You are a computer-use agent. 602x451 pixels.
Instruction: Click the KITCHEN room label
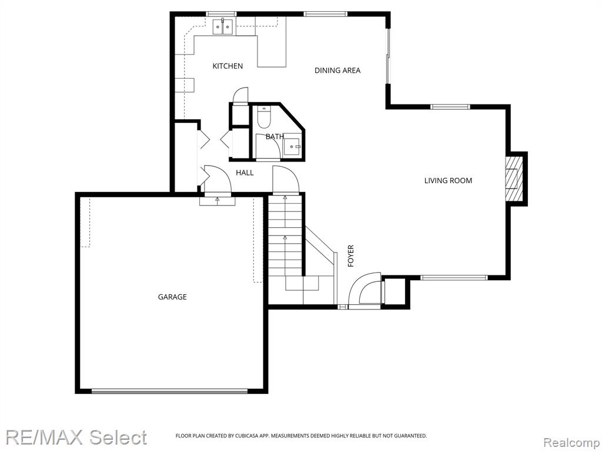(228, 66)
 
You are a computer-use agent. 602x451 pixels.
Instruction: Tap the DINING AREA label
(337, 70)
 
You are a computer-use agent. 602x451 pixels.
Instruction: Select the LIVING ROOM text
(448, 180)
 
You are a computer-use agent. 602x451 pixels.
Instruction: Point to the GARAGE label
(172, 297)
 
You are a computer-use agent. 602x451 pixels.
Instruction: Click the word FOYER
(350, 256)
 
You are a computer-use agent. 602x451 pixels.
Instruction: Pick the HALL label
(245, 173)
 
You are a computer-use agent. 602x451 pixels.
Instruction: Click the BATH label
(275, 136)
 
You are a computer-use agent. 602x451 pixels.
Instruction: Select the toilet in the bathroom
(264, 117)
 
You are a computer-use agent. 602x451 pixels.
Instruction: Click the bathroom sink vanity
(293, 146)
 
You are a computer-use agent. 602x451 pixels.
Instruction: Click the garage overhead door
(169, 391)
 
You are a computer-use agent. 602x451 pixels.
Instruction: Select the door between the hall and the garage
(218, 180)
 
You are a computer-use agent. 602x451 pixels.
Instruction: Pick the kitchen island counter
(271, 52)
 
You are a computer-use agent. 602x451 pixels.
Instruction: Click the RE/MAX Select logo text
(76, 437)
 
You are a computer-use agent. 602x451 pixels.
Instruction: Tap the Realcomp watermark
(571, 442)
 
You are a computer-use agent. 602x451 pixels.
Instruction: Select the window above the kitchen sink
(221, 14)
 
